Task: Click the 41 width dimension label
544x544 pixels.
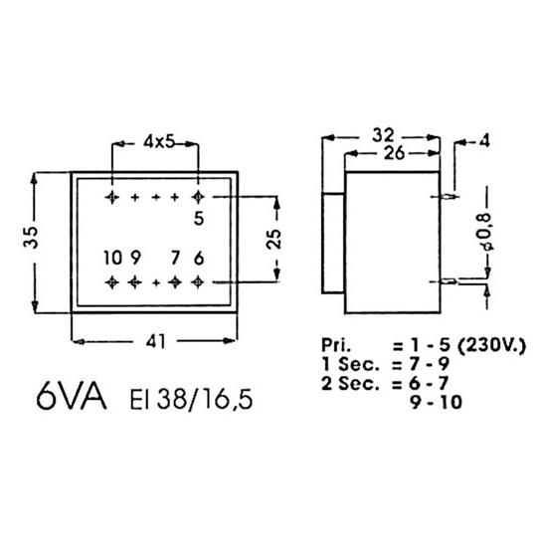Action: click(x=156, y=342)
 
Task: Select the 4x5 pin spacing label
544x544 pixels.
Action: click(x=159, y=142)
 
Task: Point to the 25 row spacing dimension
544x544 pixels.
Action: click(x=273, y=239)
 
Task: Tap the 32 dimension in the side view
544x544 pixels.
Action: click(x=383, y=135)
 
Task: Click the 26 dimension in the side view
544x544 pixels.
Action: click(x=395, y=153)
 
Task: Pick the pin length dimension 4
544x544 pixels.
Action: click(x=484, y=141)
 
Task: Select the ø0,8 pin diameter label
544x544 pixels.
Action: click(x=484, y=232)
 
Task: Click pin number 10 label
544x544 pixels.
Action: click(x=113, y=259)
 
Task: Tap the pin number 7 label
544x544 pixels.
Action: click(x=175, y=259)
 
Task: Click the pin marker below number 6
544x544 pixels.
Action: click(x=198, y=282)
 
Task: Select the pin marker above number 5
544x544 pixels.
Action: click(x=198, y=197)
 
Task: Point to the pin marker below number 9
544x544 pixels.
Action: click(x=134, y=282)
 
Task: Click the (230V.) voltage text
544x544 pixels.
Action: click(x=492, y=345)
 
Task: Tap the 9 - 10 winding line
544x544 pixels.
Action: click(x=437, y=403)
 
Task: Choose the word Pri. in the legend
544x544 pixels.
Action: click(x=336, y=345)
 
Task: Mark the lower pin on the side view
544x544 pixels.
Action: click(x=449, y=281)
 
